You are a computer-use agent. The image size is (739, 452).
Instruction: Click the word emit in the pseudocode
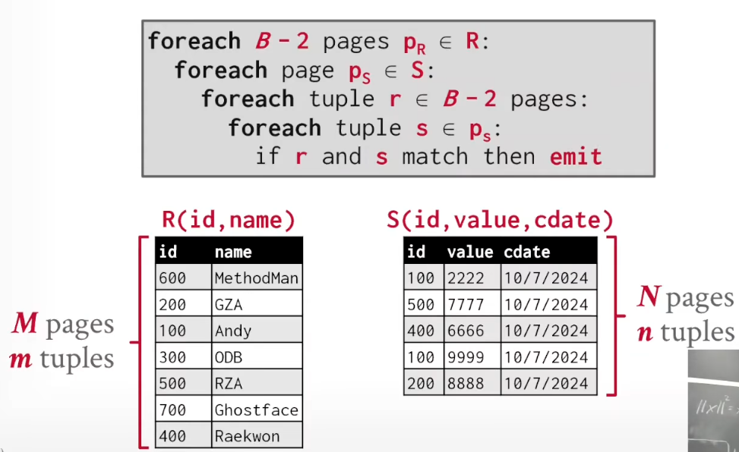click(x=576, y=156)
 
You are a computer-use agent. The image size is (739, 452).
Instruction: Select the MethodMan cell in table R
click(x=257, y=278)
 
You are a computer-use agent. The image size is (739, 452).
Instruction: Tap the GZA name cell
click(x=257, y=304)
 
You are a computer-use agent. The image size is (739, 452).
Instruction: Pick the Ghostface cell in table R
click(x=257, y=410)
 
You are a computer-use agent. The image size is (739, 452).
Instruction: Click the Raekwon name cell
click(x=257, y=435)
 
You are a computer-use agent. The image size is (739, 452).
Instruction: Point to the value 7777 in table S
click(x=472, y=304)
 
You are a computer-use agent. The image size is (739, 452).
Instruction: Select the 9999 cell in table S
click(x=472, y=357)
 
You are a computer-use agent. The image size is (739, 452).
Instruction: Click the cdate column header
click(x=526, y=252)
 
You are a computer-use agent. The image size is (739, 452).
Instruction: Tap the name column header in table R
click(x=233, y=252)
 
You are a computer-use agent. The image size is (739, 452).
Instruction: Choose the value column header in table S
click(x=470, y=252)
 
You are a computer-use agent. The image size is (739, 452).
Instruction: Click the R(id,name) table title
click(x=229, y=220)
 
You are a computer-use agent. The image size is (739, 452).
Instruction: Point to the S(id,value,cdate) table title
click(x=500, y=220)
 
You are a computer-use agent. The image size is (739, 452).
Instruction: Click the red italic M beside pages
click(x=24, y=323)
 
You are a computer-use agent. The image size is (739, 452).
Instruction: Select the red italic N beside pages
click(x=649, y=297)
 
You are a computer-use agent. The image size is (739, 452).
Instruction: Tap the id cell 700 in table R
click(x=183, y=410)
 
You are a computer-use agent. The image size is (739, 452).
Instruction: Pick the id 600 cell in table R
click(x=183, y=278)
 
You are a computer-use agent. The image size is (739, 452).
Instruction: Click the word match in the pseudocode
click(x=435, y=156)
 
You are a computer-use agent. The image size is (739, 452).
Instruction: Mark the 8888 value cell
click(x=472, y=383)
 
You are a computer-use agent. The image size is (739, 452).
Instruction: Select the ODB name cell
click(x=257, y=357)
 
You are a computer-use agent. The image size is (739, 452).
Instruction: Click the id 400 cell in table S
click(x=424, y=331)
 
